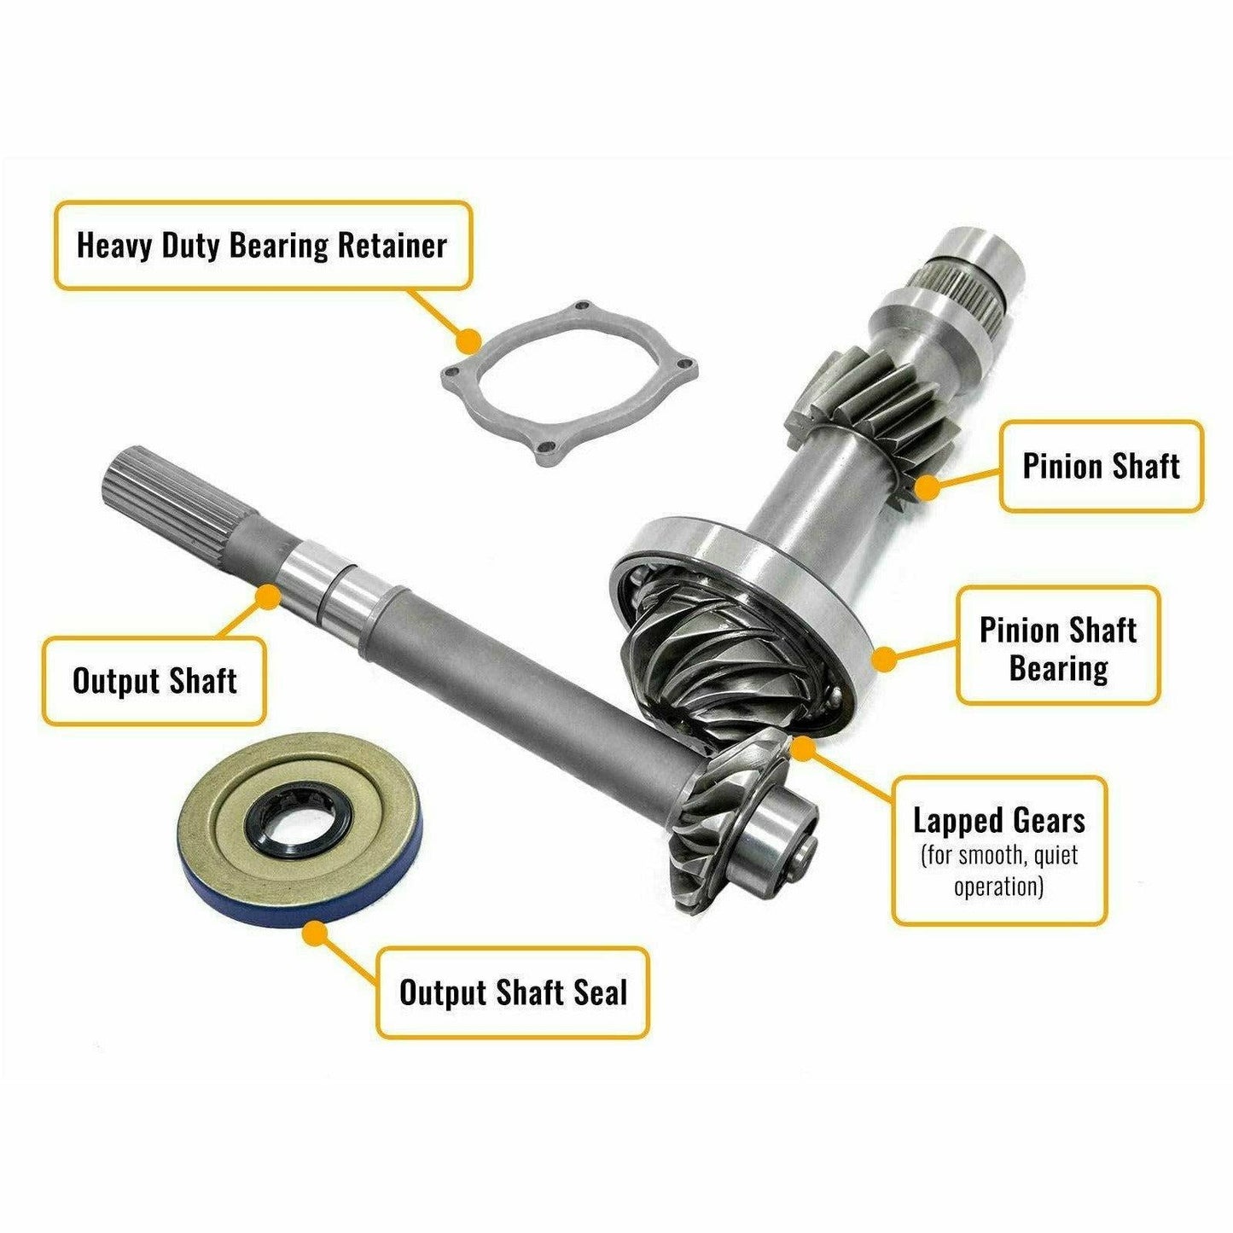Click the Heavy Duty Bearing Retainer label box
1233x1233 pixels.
pos(262,246)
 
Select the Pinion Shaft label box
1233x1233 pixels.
pos(1100,466)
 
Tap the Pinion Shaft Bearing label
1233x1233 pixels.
pos(1057,647)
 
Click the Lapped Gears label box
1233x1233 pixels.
pos(998,850)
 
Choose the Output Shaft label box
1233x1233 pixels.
pos(154,681)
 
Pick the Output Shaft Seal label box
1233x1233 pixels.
pos(512,992)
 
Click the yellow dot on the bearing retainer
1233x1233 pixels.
pos(467,341)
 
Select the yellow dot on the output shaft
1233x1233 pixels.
pos(269,595)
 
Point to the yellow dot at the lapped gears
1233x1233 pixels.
pos(802,748)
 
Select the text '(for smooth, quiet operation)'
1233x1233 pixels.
pos(998,870)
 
